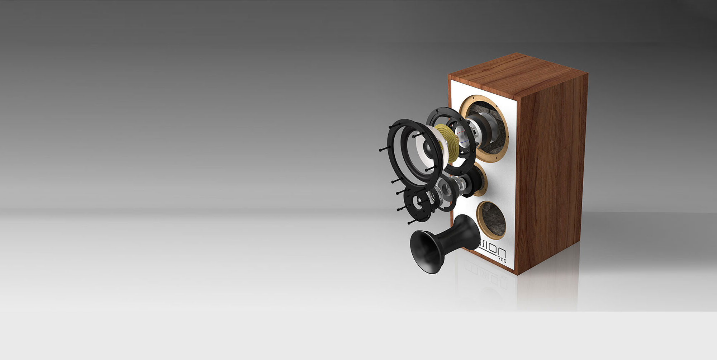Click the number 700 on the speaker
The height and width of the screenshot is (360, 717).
502,259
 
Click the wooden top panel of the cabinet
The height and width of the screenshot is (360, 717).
516,74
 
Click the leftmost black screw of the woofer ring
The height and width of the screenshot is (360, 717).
380,150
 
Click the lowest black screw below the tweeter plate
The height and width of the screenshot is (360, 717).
409,223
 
